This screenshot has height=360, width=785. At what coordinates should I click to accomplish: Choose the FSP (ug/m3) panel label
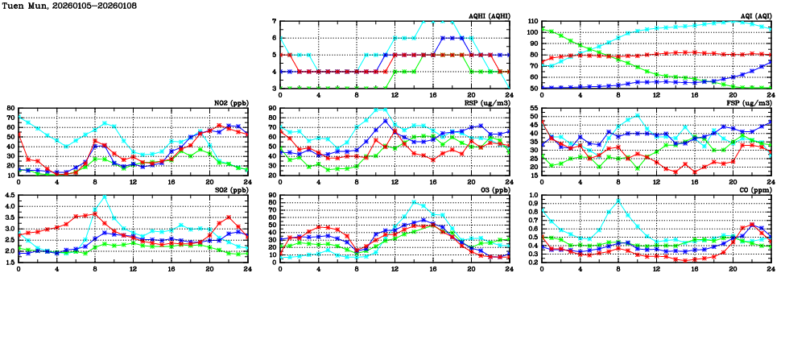tap(750, 102)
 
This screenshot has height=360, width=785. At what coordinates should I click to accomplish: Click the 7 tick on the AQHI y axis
tap(275, 22)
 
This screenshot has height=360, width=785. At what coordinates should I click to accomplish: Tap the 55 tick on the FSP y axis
tap(534, 109)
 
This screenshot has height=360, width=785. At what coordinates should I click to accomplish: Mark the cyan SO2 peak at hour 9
tap(104, 197)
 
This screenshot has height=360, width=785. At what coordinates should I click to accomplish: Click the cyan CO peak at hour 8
tap(618, 201)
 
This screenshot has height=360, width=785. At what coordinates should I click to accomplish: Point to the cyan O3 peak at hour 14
tap(414, 202)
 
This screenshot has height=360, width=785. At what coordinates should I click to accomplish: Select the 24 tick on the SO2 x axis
tap(246, 264)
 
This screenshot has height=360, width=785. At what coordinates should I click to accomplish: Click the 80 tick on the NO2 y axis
tap(10, 109)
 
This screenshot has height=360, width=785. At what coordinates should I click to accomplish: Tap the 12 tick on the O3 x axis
tap(395, 264)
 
